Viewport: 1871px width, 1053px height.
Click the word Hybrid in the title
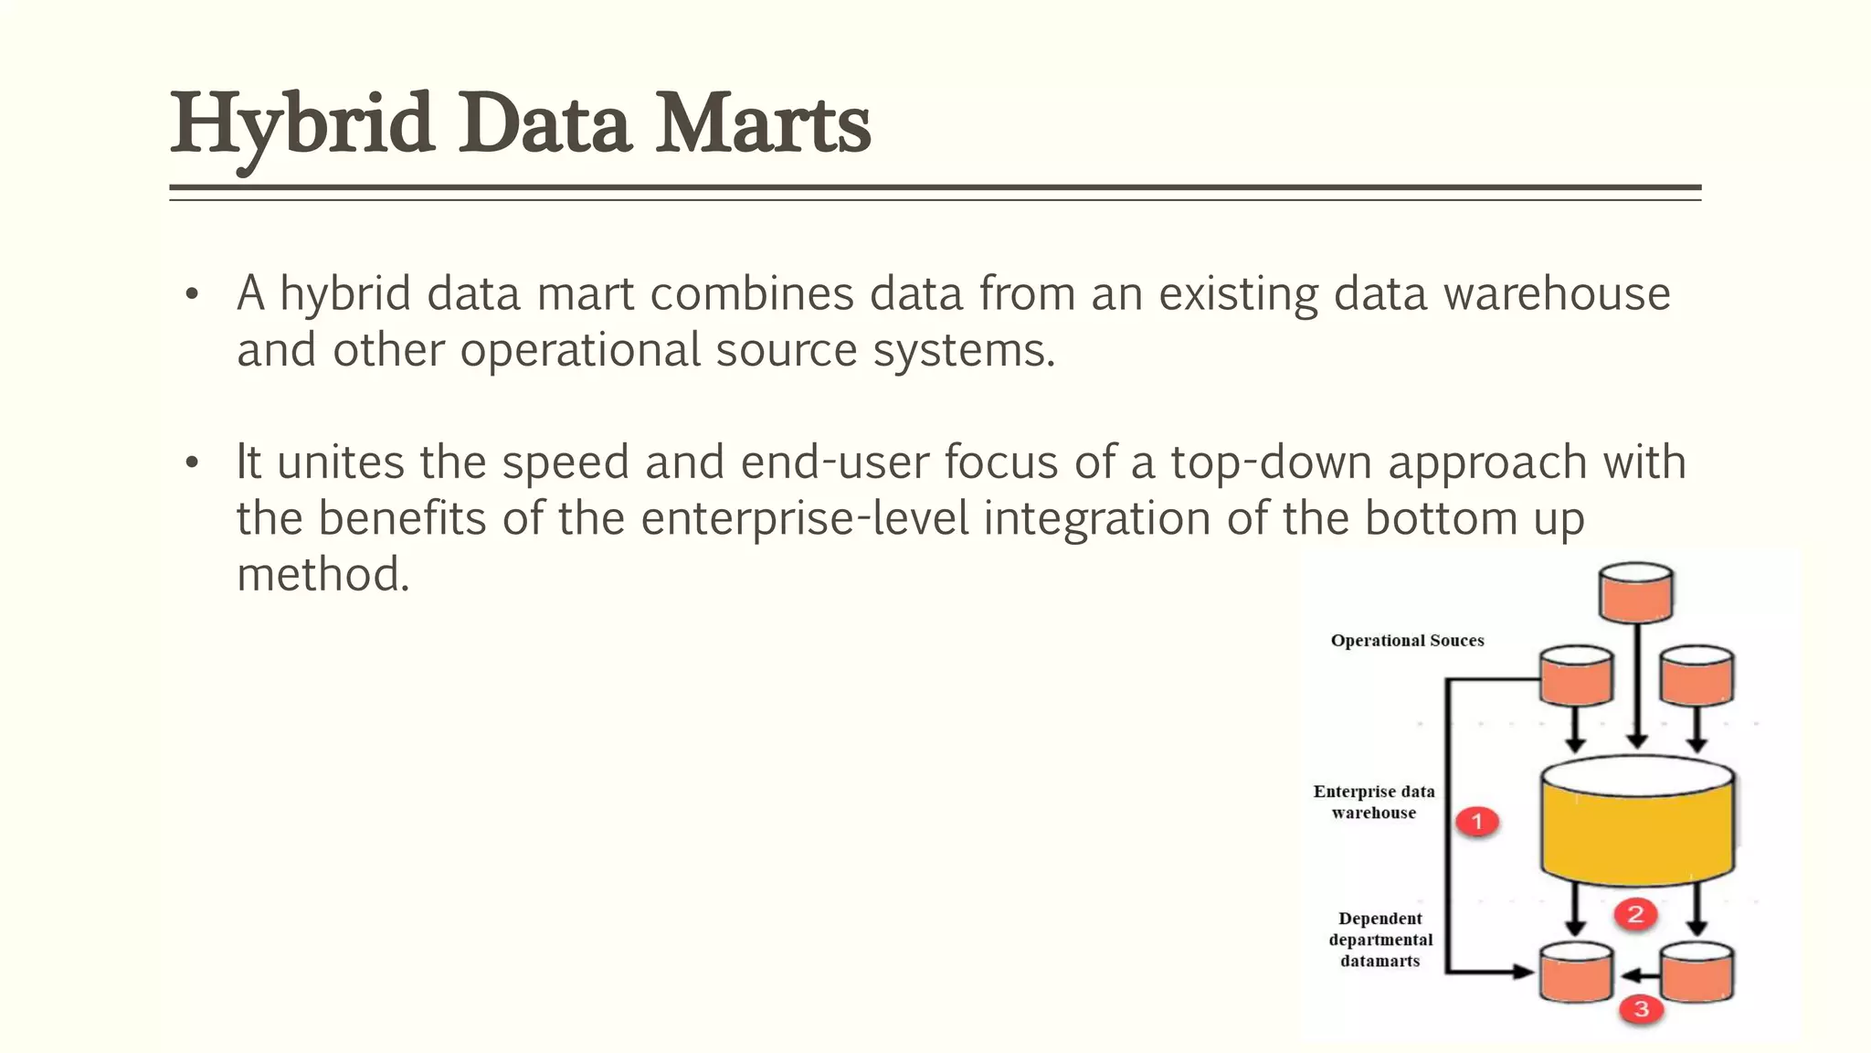click(x=301, y=124)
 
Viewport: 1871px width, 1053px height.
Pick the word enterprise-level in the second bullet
click(x=805, y=518)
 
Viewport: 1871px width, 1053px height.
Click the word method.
click(x=322, y=575)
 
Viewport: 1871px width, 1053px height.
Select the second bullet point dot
click(x=191, y=463)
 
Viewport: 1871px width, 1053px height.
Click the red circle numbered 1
click(x=1477, y=821)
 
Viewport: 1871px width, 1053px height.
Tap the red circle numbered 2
click(x=1635, y=913)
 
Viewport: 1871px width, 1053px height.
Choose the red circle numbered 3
click(x=1641, y=1009)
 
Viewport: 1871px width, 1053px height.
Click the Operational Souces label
click(x=1407, y=641)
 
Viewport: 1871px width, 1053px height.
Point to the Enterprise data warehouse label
click(x=1374, y=802)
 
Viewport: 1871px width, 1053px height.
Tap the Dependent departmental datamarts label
click(x=1380, y=940)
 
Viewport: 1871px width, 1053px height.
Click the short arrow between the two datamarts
click(x=1638, y=975)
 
